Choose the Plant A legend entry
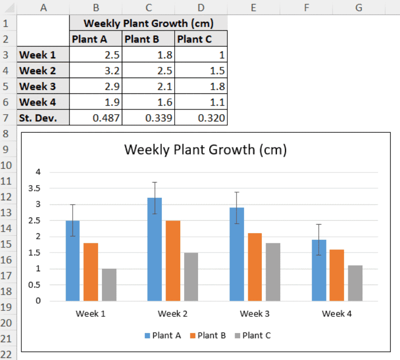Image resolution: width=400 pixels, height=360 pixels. pyautogui.click(x=163, y=335)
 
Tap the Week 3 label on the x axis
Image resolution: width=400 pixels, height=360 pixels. pyautogui.click(x=254, y=314)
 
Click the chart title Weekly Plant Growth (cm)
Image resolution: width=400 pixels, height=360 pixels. pyautogui.click(x=206, y=150)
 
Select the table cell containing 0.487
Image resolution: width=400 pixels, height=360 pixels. pyautogui.click(x=95, y=118)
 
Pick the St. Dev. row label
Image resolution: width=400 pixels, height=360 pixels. pyautogui.click(x=43, y=118)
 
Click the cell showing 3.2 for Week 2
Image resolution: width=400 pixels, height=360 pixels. pyautogui.click(x=95, y=70)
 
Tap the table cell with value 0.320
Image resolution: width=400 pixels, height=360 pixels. pyautogui.click(x=201, y=118)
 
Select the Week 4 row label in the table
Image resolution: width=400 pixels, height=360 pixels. pyautogui.click(x=43, y=102)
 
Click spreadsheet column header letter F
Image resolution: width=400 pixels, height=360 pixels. pyautogui.click(x=307, y=7)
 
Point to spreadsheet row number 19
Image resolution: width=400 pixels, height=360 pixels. pyautogui.click(x=8, y=307)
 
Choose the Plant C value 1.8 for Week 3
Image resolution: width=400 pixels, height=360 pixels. pyautogui.click(x=201, y=86)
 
